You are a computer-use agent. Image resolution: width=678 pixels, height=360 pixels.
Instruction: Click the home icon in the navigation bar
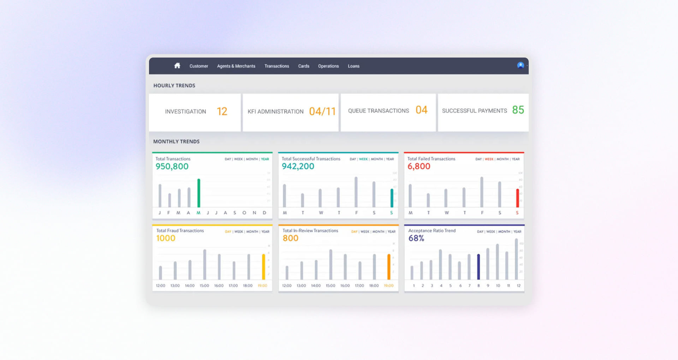click(177, 66)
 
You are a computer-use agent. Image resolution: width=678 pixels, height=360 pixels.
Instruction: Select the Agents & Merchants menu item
click(236, 66)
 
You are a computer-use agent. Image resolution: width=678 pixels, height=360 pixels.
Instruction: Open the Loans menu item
click(353, 66)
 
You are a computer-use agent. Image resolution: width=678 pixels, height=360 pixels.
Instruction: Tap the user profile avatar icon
click(520, 65)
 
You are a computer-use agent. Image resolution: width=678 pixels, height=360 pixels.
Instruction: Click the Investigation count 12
click(222, 112)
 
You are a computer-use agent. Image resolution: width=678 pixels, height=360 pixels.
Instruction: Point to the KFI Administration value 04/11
click(322, 112)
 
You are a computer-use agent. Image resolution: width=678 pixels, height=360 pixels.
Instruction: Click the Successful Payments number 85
click(518, 110)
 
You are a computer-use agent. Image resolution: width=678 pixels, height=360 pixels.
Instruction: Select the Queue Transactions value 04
click(421, 110)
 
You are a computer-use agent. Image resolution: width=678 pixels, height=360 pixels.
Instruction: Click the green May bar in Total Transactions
click(199, 193)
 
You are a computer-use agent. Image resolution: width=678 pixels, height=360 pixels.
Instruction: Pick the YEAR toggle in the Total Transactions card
click(265, 159)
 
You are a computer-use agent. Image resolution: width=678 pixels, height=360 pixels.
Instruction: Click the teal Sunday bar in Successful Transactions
click(392, 198)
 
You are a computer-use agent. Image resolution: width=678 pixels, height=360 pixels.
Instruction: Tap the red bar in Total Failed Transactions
click(517, 198)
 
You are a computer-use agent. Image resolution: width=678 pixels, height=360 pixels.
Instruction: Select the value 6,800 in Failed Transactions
click(419, 166)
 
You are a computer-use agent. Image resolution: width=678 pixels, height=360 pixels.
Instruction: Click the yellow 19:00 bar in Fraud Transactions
click(263, 267)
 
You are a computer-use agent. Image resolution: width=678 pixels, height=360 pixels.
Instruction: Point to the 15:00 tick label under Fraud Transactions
click(204, 286)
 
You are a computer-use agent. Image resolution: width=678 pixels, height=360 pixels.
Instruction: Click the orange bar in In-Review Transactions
click(389, 267)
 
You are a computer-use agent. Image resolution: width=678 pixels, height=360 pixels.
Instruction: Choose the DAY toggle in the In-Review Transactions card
click(354, 232)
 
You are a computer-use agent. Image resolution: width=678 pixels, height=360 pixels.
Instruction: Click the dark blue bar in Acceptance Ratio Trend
click(478, 267)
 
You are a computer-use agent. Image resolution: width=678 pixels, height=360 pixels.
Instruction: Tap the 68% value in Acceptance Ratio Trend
click(416, 238)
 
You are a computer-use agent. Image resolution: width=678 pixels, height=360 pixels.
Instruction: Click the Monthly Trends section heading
click(176, 142)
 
